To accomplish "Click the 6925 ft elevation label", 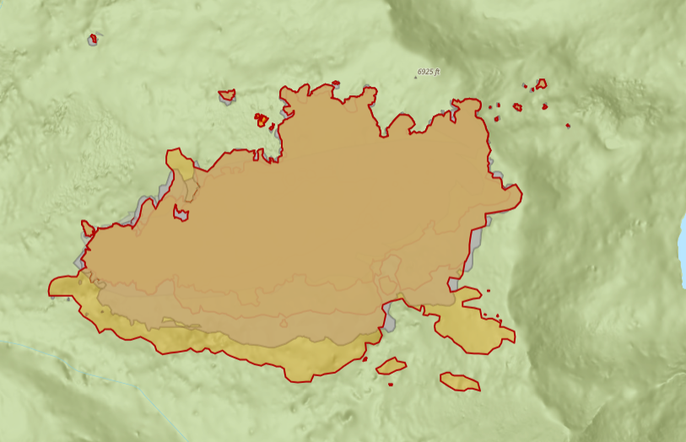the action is (429, 73).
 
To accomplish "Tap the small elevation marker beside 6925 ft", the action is (416, 77).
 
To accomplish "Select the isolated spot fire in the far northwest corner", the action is (93, 38).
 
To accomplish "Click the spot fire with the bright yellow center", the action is (262, 121).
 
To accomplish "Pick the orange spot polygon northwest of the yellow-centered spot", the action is (226, 94).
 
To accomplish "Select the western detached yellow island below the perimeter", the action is (391, 365).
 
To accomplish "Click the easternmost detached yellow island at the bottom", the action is (460, 381).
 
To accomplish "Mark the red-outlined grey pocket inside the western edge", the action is (181, 212).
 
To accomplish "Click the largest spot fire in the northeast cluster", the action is (540, 84).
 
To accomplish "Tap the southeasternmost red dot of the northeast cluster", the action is (568, 125).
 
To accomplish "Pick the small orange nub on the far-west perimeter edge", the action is (87, 227).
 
